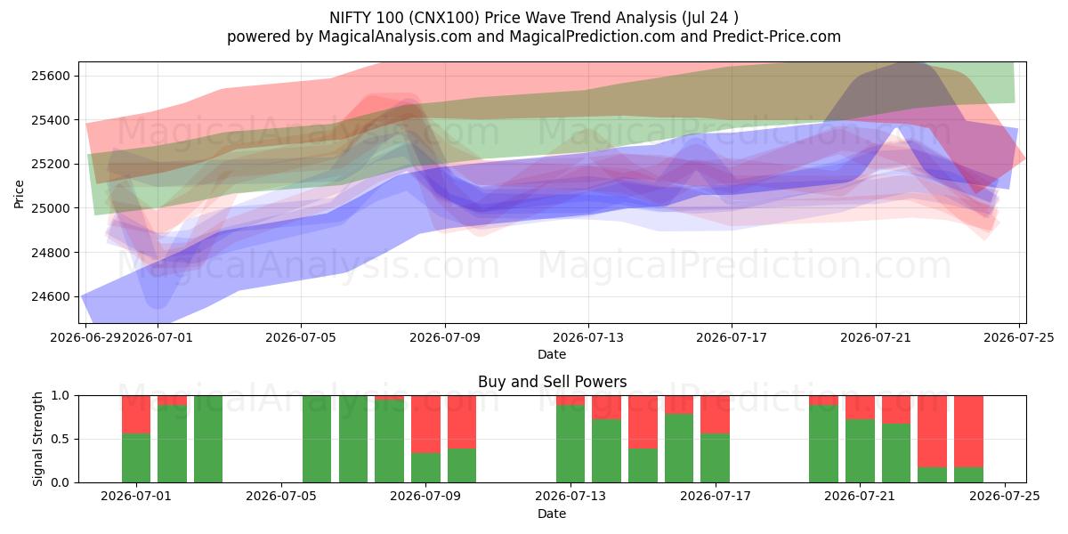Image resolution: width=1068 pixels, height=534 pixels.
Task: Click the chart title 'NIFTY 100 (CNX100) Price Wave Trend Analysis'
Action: [x=503, y=18]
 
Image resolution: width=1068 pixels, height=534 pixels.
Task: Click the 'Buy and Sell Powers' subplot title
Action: [x=552, y=382]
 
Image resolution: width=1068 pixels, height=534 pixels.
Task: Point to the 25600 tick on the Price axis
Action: [x=51, y=76]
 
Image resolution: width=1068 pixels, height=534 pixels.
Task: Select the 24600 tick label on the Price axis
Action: [x=51, y=296]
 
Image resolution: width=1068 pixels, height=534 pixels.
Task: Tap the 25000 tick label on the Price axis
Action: [x=51, y=208]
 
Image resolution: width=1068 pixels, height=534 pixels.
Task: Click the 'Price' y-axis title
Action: [x=19, y=194]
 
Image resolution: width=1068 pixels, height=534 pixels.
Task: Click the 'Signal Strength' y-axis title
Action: [x=37, y=439]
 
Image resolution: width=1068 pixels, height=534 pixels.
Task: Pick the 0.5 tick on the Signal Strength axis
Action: [x=61, y=439]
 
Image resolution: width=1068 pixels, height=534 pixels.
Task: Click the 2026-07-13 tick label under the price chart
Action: [x=588, y=337]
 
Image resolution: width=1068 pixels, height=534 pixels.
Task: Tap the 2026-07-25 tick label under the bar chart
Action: [x=1005, y=497]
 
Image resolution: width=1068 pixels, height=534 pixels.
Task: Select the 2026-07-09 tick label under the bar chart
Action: [x=425, y=497]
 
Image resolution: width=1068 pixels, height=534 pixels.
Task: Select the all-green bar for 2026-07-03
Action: [x=208, y=439]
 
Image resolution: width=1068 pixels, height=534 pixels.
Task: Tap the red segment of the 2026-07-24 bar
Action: [x=968, y=432]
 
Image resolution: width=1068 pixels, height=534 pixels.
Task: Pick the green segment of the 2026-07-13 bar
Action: [x=570, y=444]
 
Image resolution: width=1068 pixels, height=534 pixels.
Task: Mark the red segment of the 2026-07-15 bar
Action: [x=643, y=422]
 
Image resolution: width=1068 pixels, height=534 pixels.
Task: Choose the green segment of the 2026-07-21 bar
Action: [x=860, y=451]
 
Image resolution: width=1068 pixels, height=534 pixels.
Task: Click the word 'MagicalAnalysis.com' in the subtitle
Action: [x=395, y=36]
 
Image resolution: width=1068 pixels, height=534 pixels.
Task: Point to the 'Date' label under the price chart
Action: [x=552, y=354]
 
